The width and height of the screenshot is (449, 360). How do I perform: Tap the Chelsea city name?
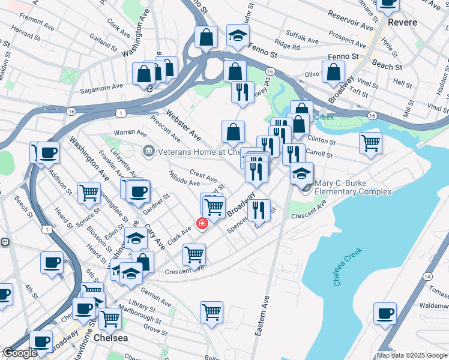click(x=111, y=339)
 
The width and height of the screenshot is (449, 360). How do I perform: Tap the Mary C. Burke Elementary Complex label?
click(x=354, y=187)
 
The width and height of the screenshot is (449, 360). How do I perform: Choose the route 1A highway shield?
click(x=427, y=277)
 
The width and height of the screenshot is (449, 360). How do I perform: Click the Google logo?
click(x=20, y=353)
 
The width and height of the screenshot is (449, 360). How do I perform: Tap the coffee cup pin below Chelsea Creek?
click(x=384, y=313)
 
